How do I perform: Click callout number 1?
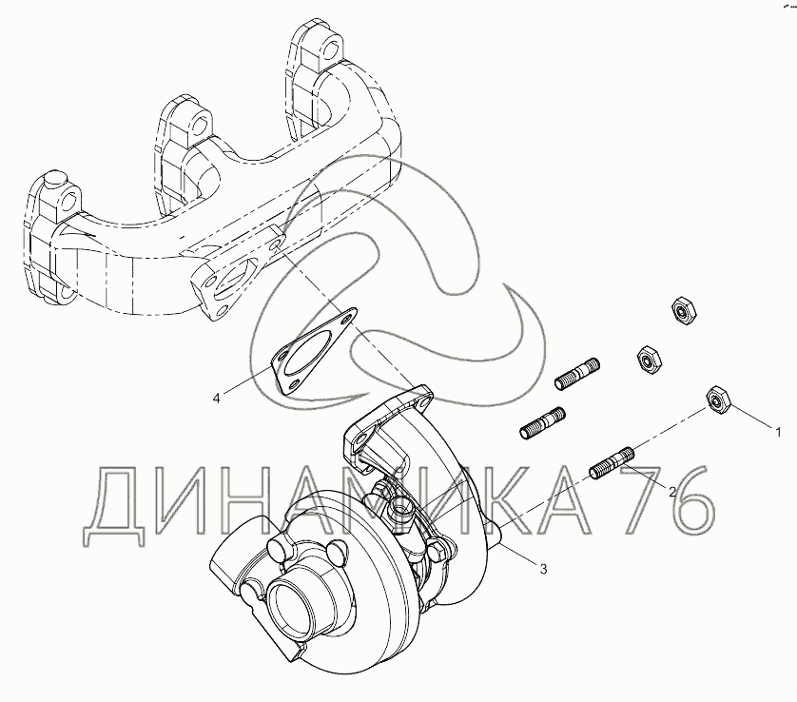[x=778, y=433]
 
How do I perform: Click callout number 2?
[x=672, y=492]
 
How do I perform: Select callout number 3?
[x=543, y=570]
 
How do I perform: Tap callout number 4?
[x=217, y=399]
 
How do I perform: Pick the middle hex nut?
[x=649, y=360]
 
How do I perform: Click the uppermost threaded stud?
[x=577, y=374]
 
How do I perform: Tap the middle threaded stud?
[x=542, y=423]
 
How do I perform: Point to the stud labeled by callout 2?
[x=612, y=462]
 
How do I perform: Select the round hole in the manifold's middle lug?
[x=202, y=123]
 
